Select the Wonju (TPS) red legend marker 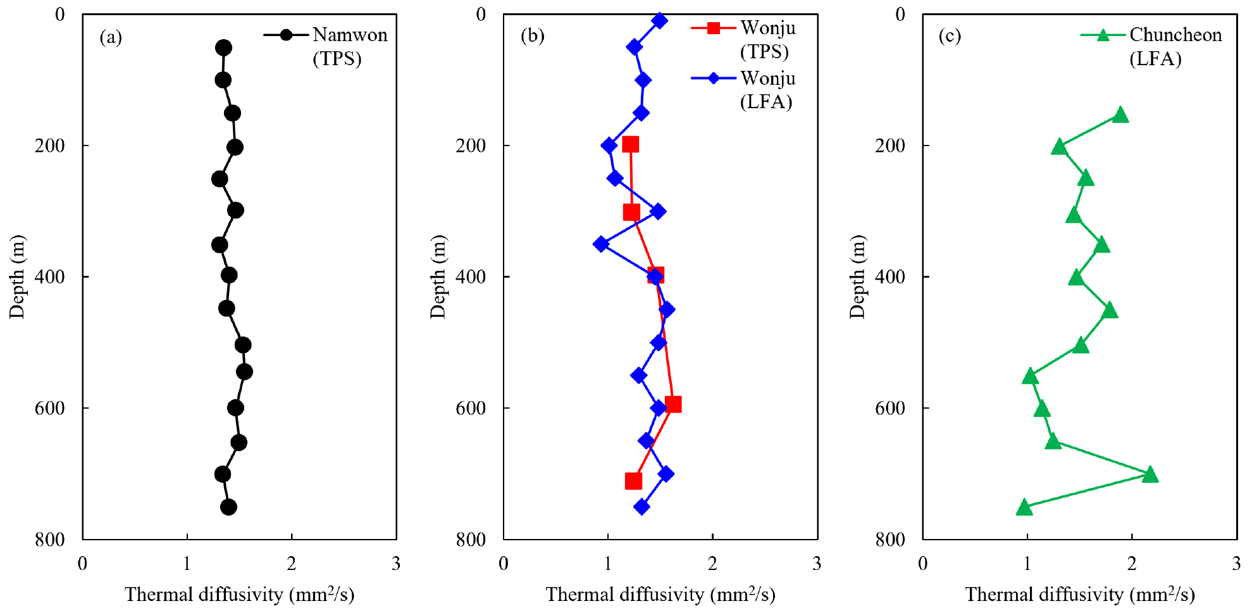713,27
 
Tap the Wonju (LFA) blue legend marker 713,78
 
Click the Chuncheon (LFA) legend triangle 1103,35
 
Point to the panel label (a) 111,37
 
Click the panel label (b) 532,35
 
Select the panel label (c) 950,35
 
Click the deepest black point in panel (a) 229,507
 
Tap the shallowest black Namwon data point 223,47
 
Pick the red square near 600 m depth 673,404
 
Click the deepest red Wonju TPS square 633,481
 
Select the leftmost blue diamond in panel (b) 601,244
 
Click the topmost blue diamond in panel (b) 659,21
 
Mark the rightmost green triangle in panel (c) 1150,474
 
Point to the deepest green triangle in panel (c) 1024,507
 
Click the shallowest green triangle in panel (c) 1120,115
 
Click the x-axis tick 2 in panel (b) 712,564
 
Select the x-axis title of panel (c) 1079,595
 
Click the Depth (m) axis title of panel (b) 438,276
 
